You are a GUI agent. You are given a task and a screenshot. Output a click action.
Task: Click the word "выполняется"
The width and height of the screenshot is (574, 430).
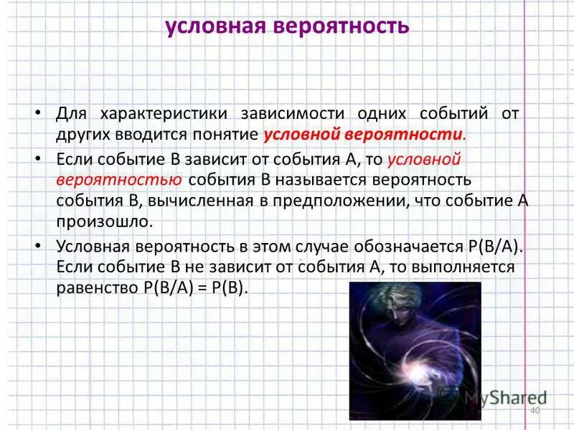468,267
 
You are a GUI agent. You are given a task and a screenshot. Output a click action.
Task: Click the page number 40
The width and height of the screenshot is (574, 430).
534,409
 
